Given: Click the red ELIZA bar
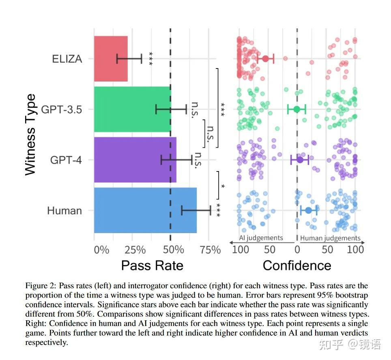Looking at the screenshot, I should coord(111,59).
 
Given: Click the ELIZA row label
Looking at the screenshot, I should coord(67,59).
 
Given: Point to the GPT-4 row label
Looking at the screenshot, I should coord(66,160).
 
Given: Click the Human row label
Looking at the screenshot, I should coord(64,211).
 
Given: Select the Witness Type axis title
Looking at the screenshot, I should coord(31,135).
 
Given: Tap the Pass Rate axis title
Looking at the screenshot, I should coord(152,266).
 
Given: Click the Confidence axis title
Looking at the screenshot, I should coord(297,266).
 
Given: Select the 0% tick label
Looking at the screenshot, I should coord(101,249).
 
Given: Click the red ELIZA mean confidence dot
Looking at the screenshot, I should coord(266,59).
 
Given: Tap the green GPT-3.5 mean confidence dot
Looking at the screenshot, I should coord(296,109).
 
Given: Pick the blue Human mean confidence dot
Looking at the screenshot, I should coord(309,210).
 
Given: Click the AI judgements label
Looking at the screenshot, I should coord(261,238).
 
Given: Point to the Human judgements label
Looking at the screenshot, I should coord(330,238).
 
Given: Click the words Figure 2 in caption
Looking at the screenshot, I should coord(41,286).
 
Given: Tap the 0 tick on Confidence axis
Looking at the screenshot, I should coord(297,249).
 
